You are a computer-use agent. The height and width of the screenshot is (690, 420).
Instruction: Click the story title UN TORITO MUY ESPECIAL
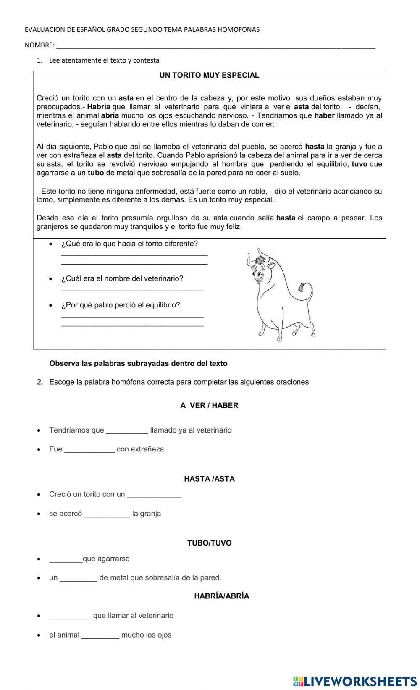click(x=209, y=76)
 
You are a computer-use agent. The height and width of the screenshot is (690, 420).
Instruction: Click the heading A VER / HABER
click(x=209, y=405)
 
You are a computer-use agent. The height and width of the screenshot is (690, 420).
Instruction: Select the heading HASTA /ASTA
click(x=209, y=479)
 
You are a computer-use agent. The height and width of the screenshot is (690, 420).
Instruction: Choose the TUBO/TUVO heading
click(x=209, y=543)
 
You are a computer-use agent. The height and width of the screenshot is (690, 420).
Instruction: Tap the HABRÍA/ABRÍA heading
click(x=221, y=596)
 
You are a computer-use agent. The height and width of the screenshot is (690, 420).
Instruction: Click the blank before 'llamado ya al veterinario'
click(x=127, y=430)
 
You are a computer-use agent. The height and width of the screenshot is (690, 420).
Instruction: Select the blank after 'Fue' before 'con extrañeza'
click(x=89, y=449)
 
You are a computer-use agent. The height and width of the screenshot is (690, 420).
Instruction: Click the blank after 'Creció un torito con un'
click(x=154, y=495)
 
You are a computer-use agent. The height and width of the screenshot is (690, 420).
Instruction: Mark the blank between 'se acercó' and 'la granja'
click(x=107, y=514)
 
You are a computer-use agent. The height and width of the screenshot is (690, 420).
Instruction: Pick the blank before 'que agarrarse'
click(x=66, y=559)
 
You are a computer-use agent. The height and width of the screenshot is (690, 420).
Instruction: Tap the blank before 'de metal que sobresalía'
click(x=79, y=578)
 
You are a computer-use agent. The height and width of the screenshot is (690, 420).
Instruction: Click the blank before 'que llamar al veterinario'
click(x=70, y=616)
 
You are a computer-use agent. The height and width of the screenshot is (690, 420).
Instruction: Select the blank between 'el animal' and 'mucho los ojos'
click(x=100, y=635)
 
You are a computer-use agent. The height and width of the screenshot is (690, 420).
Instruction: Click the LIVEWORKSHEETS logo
click(x=355, y=681)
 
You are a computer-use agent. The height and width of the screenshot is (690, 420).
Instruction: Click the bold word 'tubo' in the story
click(x=96, y=173)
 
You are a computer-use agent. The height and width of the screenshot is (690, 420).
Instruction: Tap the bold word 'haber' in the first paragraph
click(x=324, y=115)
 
